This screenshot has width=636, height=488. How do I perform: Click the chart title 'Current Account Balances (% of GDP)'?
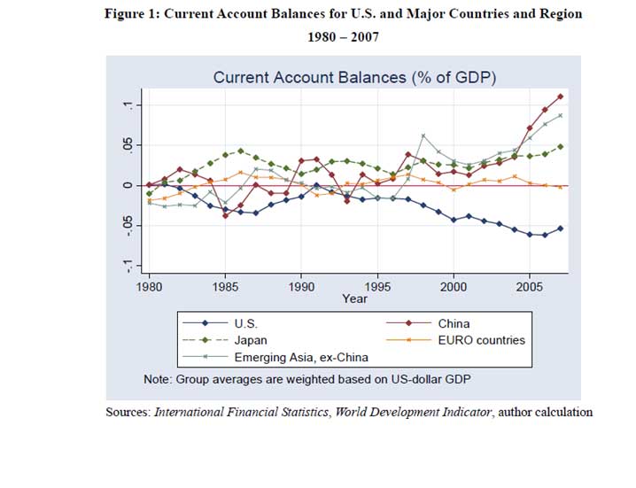354,78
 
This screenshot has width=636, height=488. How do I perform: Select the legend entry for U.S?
245,324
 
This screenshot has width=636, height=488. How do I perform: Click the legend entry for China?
454,324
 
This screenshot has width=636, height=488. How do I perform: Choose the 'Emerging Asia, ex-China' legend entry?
301,357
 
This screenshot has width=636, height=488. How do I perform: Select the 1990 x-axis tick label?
301,288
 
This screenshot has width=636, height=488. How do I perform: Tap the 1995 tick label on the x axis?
377,288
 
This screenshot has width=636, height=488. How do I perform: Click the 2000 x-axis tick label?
454,288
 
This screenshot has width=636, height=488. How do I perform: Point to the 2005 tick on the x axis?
530,288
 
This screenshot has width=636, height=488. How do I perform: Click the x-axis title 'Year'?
354,299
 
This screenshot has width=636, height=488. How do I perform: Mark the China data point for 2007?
560,96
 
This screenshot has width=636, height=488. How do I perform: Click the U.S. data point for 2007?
560,228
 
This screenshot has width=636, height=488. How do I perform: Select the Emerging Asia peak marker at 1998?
423,136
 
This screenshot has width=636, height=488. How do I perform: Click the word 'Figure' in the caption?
128,15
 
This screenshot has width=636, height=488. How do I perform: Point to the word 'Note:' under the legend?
159,380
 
